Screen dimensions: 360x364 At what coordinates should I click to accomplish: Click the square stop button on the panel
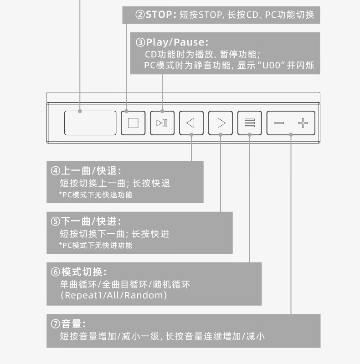(133, 123)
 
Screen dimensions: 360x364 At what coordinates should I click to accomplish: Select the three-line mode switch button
(249, 123)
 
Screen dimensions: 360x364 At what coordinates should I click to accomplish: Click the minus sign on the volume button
(279, 123)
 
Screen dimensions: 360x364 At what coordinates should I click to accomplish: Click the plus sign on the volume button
(303, 123)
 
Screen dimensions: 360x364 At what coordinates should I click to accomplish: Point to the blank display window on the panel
(90, 123)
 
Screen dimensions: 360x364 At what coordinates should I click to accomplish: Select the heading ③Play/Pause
(172, 42)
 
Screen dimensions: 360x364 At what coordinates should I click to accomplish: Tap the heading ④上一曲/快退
(86, 171)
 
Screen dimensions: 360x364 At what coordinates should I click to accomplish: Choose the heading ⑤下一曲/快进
(86, 221)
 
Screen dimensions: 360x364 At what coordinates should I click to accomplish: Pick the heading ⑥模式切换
(78, 272)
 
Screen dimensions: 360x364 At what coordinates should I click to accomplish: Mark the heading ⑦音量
(68, 324)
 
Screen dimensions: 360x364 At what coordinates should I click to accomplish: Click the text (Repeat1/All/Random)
(113, 295)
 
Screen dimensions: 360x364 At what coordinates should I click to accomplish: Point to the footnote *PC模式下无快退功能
(96, 195)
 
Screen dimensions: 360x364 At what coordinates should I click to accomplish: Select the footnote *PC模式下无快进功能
(96, 246)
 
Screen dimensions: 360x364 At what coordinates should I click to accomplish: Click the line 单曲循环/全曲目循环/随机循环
(125, 284)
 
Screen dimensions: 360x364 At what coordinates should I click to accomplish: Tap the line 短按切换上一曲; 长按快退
(115, 183)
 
